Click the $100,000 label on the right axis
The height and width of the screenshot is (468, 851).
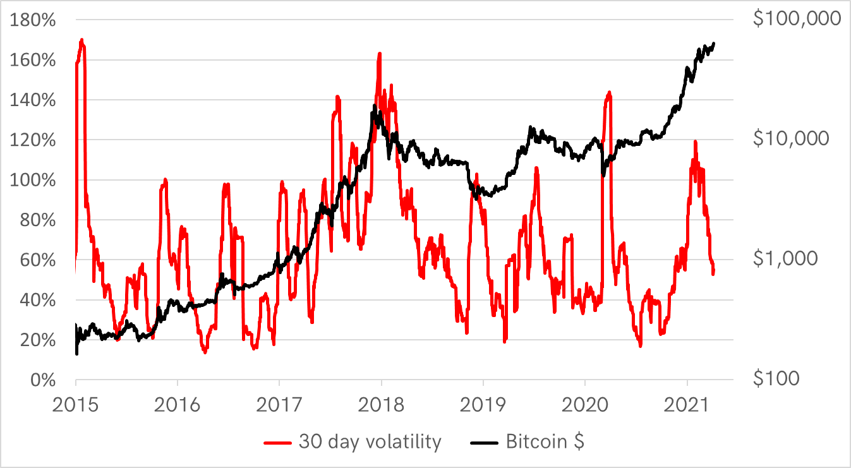tap(797, 19)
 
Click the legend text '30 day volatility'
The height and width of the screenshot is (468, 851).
tap(370, 441)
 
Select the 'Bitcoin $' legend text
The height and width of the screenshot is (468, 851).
tap(545, 441)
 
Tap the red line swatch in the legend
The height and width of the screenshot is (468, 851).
tap(279, 442)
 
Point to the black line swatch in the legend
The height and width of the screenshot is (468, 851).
tap(485, 442)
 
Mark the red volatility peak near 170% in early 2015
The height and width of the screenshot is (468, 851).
tap(82, 40)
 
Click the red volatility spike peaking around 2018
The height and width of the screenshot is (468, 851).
tap(380, 54)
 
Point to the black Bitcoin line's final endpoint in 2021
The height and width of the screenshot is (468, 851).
tap(714, 44)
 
